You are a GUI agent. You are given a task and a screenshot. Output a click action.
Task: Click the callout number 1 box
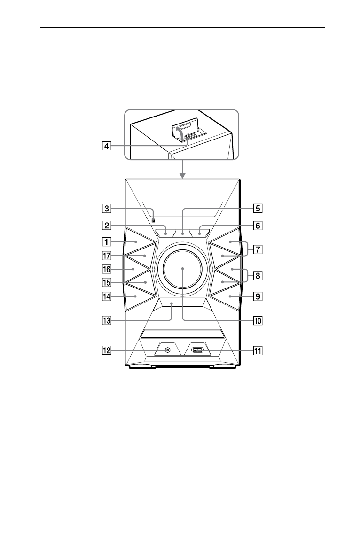tap(106, 242)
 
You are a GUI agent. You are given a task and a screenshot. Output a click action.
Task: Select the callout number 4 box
tap(106, 146)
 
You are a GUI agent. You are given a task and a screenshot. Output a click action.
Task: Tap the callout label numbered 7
tap(258, 249)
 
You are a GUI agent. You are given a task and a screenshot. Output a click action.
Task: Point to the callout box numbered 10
tap(258, 321)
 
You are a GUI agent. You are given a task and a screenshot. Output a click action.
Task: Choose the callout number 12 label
tap(106, 350)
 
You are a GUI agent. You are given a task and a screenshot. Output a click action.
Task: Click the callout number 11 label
tap(258, 351)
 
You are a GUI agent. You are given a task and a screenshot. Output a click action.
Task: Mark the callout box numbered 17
tap(106, 256)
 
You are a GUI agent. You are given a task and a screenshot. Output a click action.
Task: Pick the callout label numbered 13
tap(106, 321)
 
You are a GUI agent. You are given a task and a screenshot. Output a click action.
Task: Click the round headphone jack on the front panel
tap(167, 350)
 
